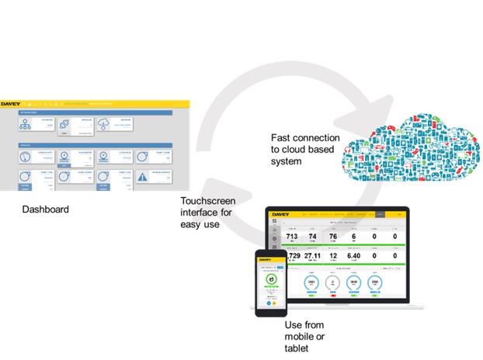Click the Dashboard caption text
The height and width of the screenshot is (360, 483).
[x=44, y=209]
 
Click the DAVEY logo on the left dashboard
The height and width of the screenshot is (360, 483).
[x=11, y=102]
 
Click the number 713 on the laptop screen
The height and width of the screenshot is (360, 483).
[x=292, y=236]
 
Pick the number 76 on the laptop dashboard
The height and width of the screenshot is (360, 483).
[x=333, y=236]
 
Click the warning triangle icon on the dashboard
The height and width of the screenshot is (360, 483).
[x=144, y=178]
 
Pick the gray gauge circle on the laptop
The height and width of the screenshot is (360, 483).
[x=332, y=283]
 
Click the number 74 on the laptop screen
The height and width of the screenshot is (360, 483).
[x=313, y=236]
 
